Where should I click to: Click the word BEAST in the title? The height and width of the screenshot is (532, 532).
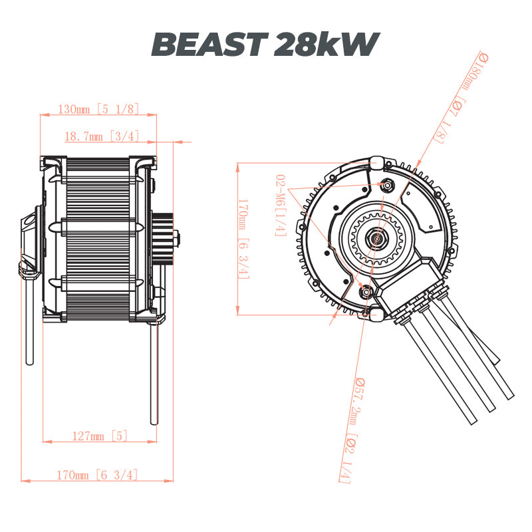[x=209, y=45]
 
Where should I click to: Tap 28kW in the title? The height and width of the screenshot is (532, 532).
[x=325, y=45]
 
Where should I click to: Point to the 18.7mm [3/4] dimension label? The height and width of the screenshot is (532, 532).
[x=101, y=136]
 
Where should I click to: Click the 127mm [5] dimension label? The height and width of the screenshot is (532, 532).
[x=99, y=436]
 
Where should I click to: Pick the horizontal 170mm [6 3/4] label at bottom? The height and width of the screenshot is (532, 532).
[x=98, y=475]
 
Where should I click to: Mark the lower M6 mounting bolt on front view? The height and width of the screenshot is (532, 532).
[x=365, y=290]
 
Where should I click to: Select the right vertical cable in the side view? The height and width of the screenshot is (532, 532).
[x=154, y=372]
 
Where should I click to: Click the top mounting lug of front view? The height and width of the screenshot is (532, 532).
[x=378, y=162]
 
